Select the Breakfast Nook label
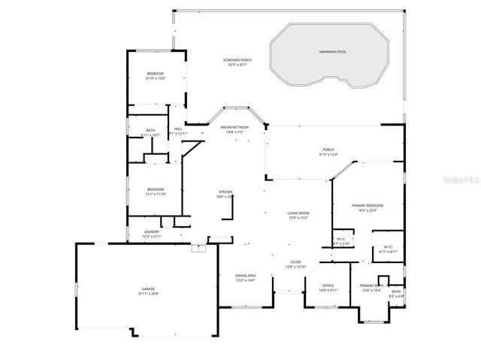click(234, 128)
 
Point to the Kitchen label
click(225, 192)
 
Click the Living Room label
click(298, 213)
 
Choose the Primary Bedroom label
click(368, 205)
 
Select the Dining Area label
click(246, 276)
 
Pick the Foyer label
click(295, 262)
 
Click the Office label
click(328, 285)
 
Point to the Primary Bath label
click(371, 285)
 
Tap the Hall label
click(178, 129)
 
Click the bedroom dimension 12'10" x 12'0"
click(155, 78)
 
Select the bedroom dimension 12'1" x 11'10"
click(156, 194)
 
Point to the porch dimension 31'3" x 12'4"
click(328, 155)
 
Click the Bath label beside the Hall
click(150, 131)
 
